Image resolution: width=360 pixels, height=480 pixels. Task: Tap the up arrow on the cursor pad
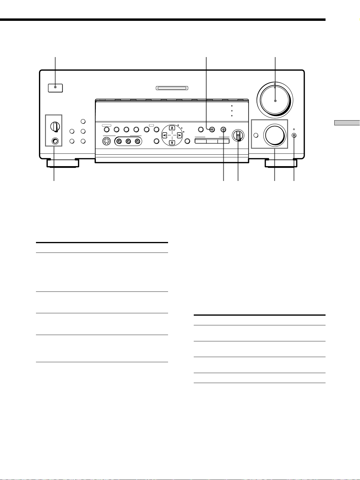pyautogui.click(x=172, y=128)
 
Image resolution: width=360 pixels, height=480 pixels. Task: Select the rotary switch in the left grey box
pyautogui.click(x=55, y=126)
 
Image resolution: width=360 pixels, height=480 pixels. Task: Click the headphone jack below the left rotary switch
pyautogui.click(x=55, y=141)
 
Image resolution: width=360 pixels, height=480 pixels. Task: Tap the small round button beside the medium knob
pyautogui.click(x=256, y=135)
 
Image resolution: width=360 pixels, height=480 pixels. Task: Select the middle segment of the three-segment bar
pyautogui.click(x=212, y=141)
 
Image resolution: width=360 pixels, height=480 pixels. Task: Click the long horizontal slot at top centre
pyautogui.click(x=172, y=89)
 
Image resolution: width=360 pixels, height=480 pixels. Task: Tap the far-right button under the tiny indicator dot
pyautogui.click(x=294, y=135)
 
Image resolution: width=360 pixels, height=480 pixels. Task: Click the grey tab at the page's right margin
pyautogui.click(x=347, y=123)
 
